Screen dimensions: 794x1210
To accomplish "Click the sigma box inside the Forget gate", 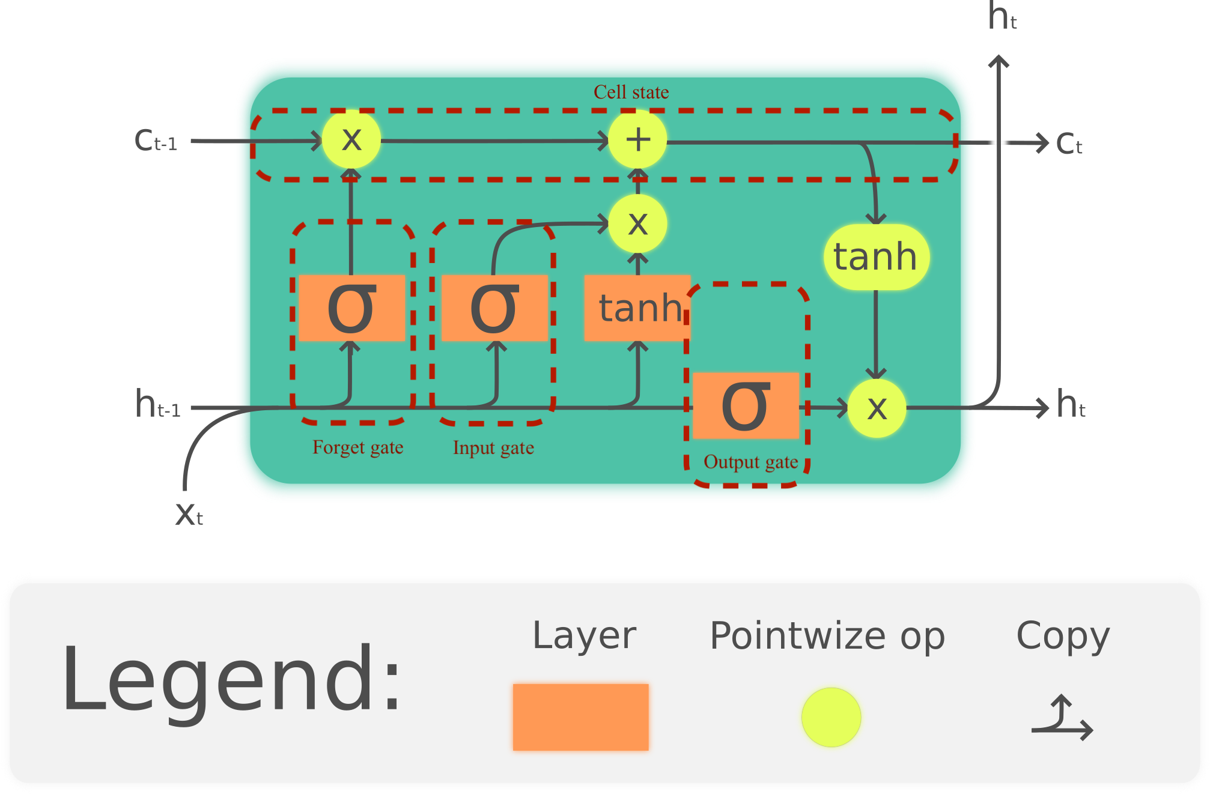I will (x=351, y=308).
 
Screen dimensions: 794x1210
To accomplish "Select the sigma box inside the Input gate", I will (x=494, y=308).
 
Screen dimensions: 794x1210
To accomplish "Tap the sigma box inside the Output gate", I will (x=746, y=406).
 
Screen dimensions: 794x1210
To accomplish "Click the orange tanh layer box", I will (x=637, y=308).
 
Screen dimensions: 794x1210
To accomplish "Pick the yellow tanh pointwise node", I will (x=876, y=257).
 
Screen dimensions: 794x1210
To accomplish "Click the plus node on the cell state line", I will (x=637, y=139).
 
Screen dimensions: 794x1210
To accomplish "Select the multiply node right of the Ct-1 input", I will (x=351, y=139).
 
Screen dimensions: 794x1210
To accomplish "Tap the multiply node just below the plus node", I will (x=637, y=224).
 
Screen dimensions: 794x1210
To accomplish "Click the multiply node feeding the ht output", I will (x=877, y=408).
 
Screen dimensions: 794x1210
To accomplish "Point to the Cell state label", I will (x=631, y=92).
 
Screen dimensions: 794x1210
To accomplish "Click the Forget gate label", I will (x=357, y=447).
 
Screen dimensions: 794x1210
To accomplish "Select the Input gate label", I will (x=493, y=447).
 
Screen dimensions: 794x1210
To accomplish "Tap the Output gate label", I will (x=750, y=462).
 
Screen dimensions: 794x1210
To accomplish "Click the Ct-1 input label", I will (x=156, y=141).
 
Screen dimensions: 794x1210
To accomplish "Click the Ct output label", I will (x=1069, y=144).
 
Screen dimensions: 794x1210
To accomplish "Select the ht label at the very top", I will (x=1002, y=17).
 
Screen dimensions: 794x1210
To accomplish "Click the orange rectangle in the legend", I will (x=580, y=717).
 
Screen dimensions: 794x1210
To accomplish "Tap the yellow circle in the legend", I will (x=831, y=717).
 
